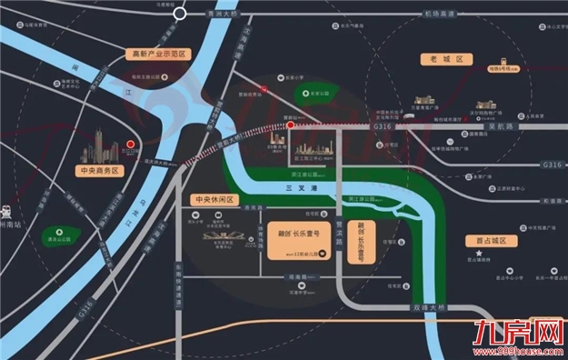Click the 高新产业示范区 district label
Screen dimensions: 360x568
[x=158, y=55]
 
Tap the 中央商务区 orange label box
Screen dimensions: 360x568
[x=100, y=170]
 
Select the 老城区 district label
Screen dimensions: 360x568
[x=446, y=59]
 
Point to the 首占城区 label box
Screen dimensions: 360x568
[x=490, y=241]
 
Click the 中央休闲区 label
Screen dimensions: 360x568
[x=214, y=199]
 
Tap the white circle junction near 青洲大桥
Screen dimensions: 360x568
[x=181, y=14]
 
